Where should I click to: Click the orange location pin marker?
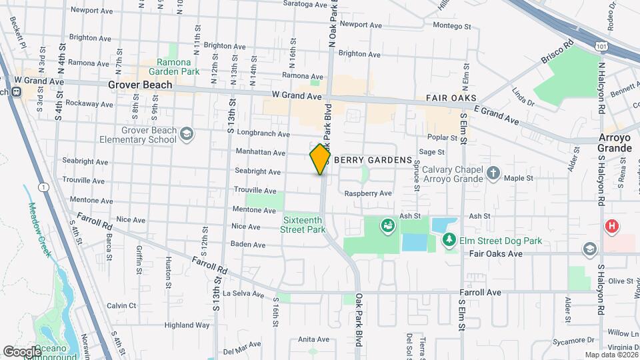coord(320,159)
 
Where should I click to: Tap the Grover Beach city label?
coord(140,85)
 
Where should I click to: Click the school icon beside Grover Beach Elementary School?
coord(187,135)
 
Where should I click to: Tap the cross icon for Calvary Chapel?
coord(493,173)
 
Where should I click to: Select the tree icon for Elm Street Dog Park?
coord(450,239)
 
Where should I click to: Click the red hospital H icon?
coord(611,227)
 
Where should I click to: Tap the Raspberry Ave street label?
coord(367,193)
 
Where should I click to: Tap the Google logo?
coord(22,351)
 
